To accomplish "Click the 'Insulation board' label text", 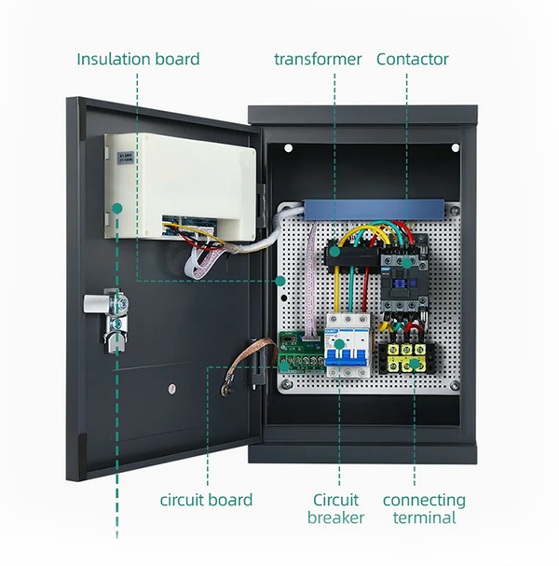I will pyautogui.click(x=138, y=59).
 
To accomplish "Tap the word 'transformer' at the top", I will pyautogui.click(x=318, y=59).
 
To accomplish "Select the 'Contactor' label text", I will pyautogui.click(x=413, y=59).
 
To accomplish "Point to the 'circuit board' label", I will pyautogui.click(x=206, y=500).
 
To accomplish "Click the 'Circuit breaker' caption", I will pyautogui.click(x=336, y=509).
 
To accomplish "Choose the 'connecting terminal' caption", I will pyautogui.click(x=424, y=509).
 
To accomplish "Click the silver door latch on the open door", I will pyautogui.click(x=106, y=309).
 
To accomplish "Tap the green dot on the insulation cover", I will pyautogui.click(x=118, y=207).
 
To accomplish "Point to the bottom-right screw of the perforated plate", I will pyautogui.click(x=455, y=383).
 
